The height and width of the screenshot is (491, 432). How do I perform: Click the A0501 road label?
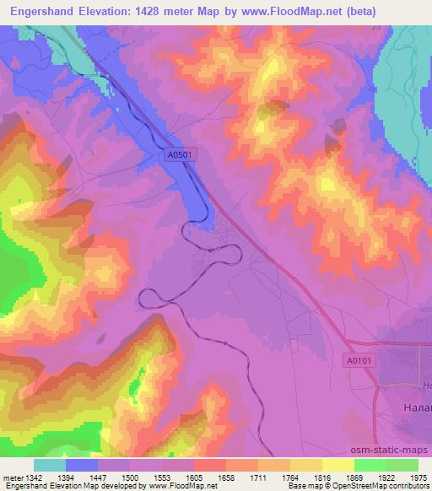(181, 154)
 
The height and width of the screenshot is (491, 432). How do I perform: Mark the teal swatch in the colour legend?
(50, 465)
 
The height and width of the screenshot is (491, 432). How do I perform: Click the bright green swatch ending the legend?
(402, 465)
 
